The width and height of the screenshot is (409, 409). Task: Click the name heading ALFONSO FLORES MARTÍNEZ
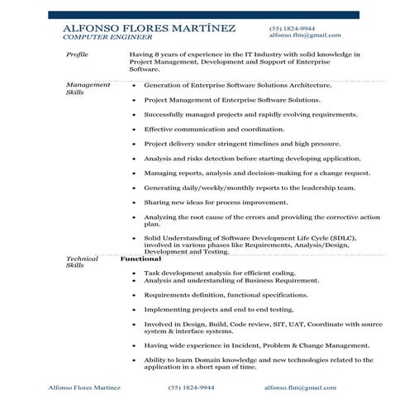[149, 28]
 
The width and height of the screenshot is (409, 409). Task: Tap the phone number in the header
[291, 27]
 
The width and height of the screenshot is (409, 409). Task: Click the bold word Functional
[140, 259]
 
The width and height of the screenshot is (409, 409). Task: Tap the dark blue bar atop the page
[203, 15]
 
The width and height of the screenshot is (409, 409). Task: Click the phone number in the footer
[192, 387]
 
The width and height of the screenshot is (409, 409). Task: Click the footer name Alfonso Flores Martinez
[84, 387]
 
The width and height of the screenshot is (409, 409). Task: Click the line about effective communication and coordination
[214, 130]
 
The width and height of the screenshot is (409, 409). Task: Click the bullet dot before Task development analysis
[134, 273]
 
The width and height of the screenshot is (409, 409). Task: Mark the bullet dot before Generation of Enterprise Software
[134, 85]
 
